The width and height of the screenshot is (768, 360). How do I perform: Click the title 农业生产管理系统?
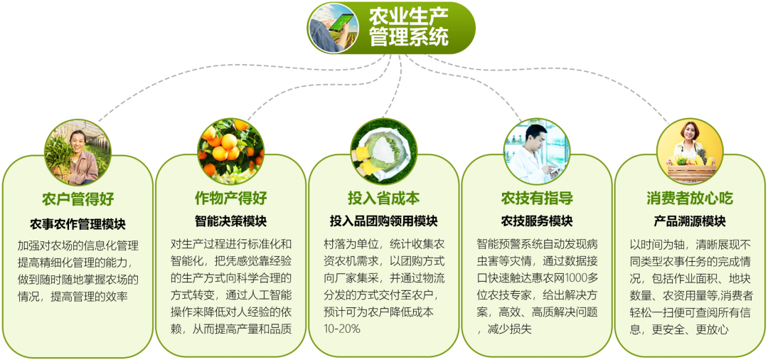[408, 28]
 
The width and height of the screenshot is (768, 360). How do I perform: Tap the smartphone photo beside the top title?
[333, 28]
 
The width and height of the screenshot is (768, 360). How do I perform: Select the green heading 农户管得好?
[78, 199]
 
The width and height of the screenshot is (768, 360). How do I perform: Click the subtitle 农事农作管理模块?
[78, 224]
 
